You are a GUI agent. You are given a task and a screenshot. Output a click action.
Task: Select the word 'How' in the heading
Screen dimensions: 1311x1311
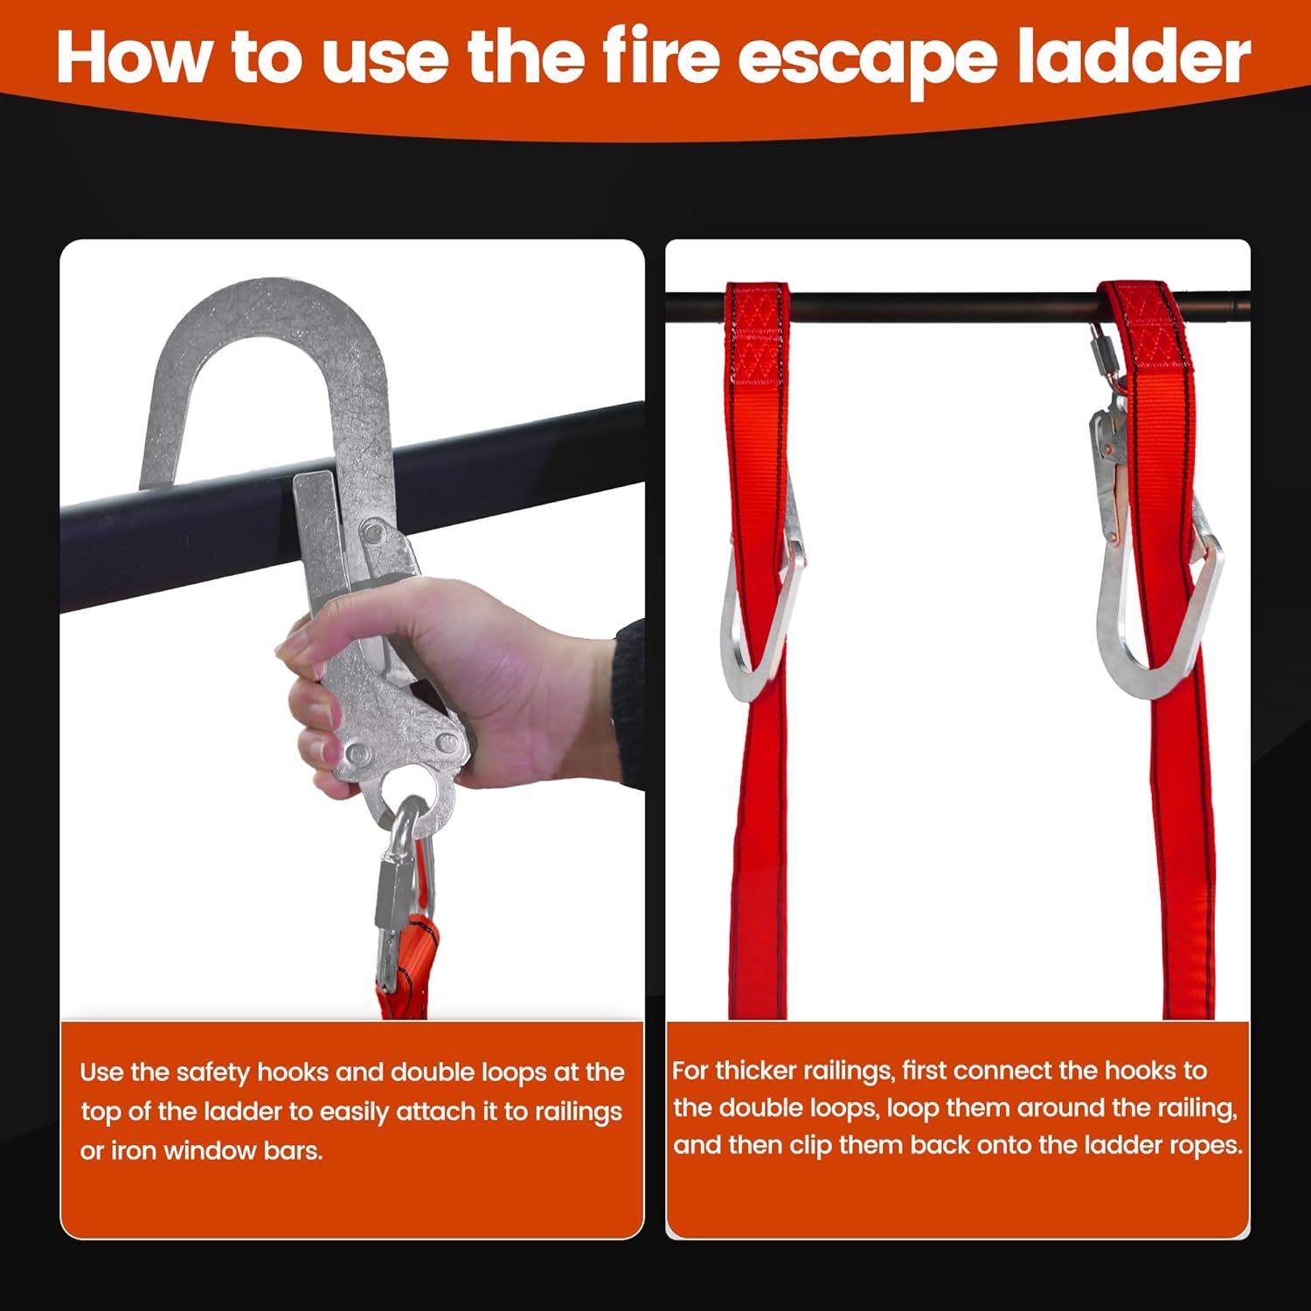pos(133,58)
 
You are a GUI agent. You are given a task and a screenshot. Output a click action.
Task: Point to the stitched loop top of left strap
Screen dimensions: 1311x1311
pos(758,332)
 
